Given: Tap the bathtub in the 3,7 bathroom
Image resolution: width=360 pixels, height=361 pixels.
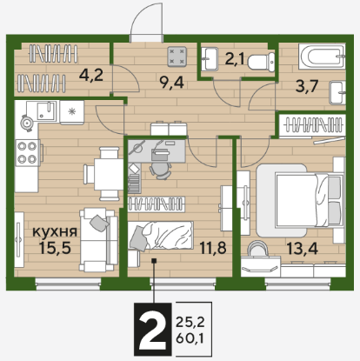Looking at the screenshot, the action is coord(322,57).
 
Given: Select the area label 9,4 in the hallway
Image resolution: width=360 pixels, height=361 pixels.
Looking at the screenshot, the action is coord(172,84).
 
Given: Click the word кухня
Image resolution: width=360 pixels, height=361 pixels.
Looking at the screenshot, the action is coord(55,231).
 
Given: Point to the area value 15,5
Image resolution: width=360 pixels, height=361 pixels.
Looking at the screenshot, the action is coord(55,248).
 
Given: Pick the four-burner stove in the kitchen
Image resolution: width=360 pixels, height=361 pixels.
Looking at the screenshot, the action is coord(28,152).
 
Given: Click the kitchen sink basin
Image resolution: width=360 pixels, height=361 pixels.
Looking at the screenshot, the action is coord(46,110).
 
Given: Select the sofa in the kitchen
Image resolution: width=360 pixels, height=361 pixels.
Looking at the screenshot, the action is coord(98,240).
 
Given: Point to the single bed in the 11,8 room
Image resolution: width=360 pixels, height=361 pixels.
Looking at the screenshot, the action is coord(161,236).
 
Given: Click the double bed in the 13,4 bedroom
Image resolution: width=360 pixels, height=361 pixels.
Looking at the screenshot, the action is coord(300,200).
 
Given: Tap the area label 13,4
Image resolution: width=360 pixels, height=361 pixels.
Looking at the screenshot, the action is coord(303,249).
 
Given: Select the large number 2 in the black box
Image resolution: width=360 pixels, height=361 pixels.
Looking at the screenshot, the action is coord(153,329).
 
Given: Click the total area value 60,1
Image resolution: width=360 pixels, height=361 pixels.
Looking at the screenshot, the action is coord(190,338).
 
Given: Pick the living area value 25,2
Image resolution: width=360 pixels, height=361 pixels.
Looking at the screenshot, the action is coord(190,322).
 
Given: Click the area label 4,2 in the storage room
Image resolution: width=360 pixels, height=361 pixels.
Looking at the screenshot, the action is coord(91,76).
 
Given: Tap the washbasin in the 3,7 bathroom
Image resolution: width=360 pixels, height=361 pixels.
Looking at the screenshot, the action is coord(337,93).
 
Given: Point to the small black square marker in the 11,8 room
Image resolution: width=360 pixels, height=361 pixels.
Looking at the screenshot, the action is coord(155,261).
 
